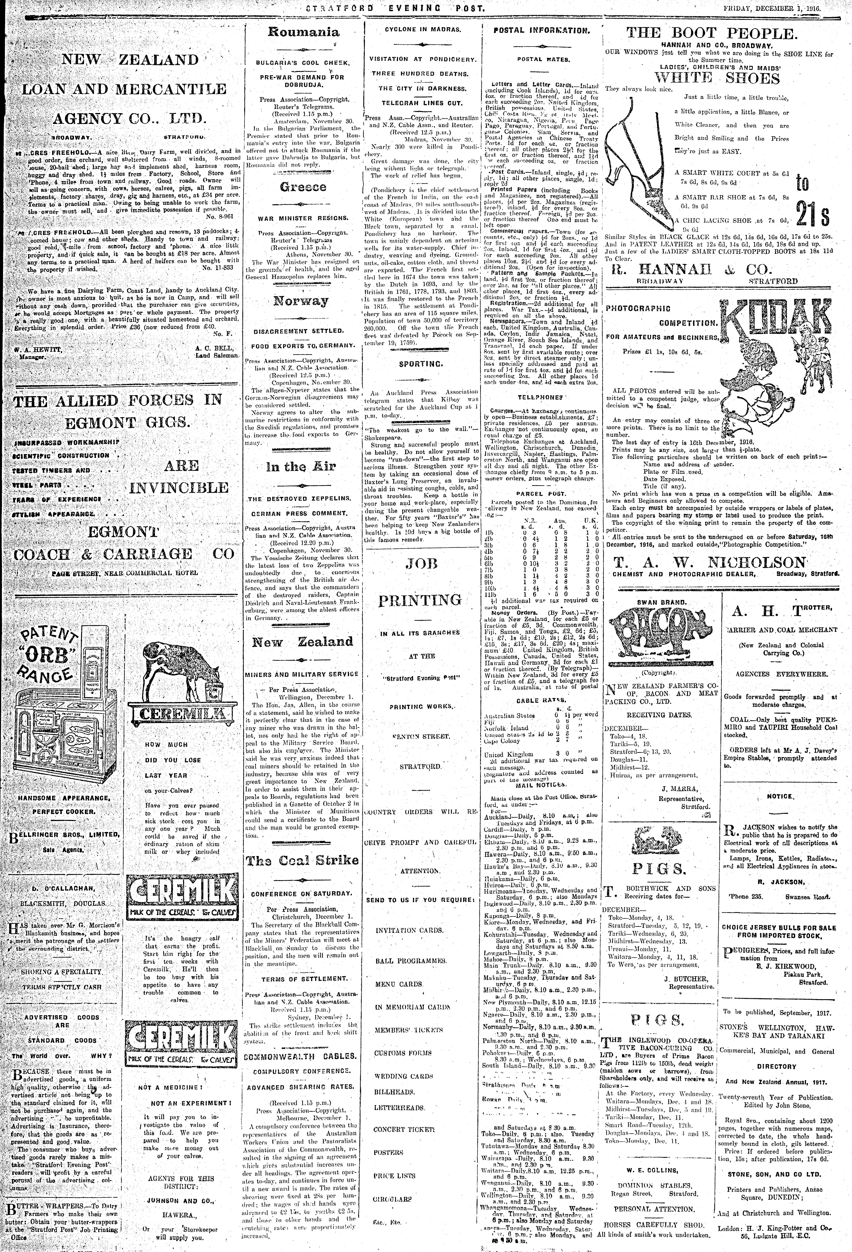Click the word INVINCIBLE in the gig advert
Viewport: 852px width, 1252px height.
[x=179, y=488]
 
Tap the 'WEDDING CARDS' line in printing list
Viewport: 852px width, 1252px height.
[x=403, y=1076]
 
